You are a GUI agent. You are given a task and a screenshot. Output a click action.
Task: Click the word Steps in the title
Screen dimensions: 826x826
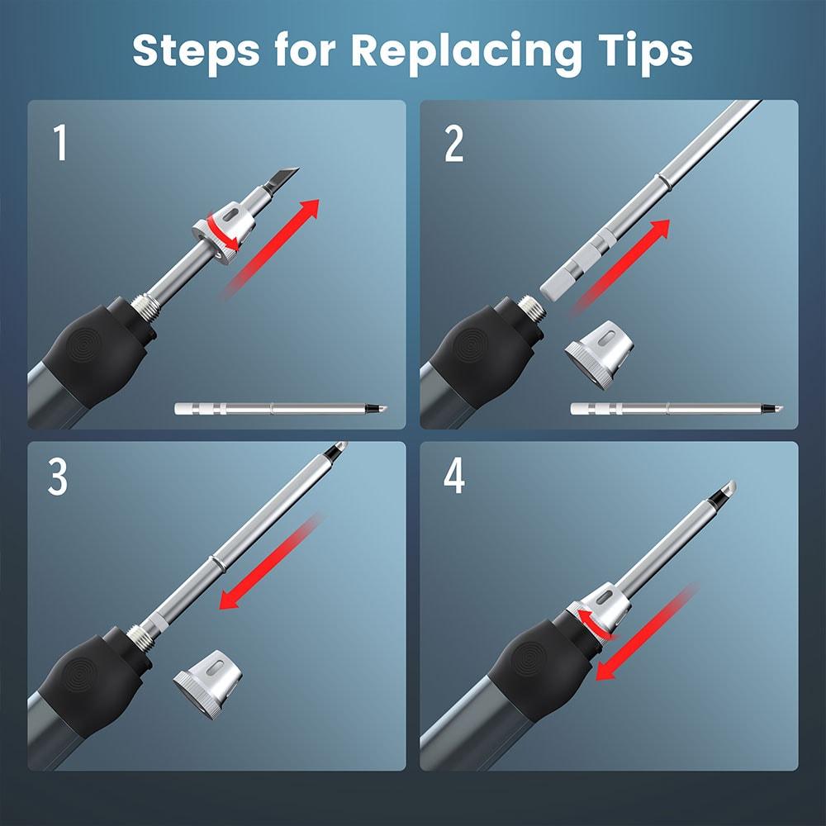[196, 50]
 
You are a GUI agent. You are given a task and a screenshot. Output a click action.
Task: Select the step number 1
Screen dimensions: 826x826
[60, 142]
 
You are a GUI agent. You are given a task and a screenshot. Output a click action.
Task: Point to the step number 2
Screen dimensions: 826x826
[454, 144]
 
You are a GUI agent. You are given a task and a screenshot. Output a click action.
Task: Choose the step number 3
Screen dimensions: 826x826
[58, 477]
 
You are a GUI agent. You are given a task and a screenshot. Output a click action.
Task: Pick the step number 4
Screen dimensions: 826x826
[454, 477]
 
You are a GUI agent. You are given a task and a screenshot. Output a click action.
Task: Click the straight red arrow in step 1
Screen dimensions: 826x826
[271, 248]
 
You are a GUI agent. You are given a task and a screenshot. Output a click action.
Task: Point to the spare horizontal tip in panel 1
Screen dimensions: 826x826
[281, 408]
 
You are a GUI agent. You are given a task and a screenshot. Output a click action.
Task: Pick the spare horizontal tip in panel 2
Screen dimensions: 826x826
[677, 408]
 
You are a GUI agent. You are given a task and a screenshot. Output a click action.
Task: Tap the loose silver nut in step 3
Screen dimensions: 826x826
[207, 683]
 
